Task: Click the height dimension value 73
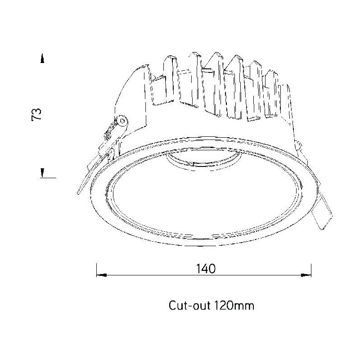click(x=36, y=114)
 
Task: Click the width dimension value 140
click(x=206, y=268)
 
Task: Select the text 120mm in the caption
click(x=234, y=306)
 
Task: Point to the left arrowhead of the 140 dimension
click(x=102, y=275)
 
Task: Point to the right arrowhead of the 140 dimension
click(x=306, y=275)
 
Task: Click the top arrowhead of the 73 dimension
click(x=42, y=58)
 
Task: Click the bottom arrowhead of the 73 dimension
click(x=42, y=173)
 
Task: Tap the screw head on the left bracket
click(x=122, y=121)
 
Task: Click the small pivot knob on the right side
click(x=298, y=145)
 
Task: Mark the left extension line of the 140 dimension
click(x=97, y=270)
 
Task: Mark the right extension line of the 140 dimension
click(x=311, y=270)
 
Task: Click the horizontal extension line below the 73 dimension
click(x=48, y=178)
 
